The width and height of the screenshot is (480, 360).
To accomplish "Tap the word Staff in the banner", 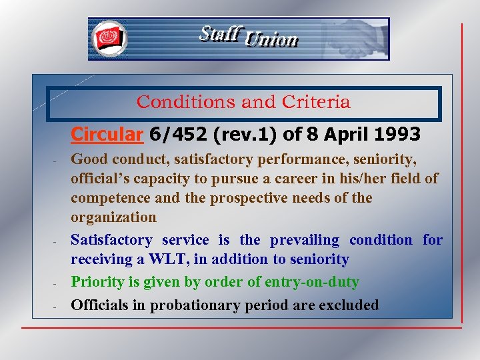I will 219,33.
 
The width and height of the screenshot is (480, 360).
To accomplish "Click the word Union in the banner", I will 271,40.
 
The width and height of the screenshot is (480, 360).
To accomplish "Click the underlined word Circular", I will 107,135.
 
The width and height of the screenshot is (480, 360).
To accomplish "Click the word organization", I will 114,217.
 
